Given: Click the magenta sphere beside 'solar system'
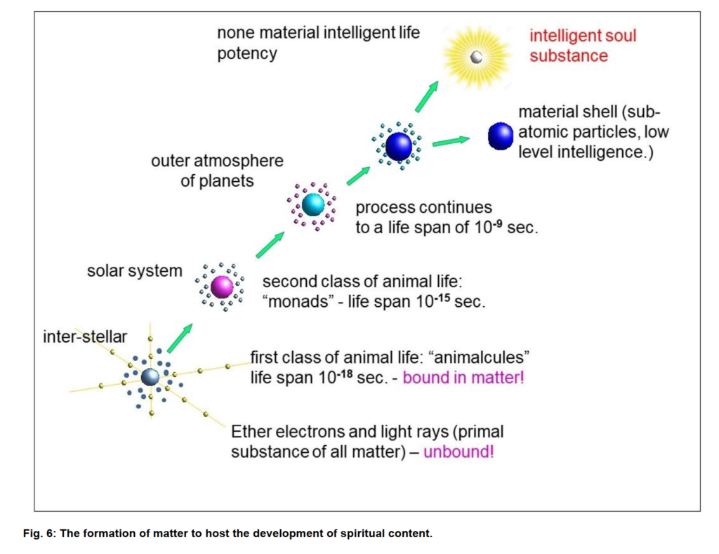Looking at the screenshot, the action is pos(222,286).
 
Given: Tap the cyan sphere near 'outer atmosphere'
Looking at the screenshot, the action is pos(313,204).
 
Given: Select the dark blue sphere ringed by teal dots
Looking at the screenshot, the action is pos(399,146).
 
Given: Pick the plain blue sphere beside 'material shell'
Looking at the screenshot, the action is pos(500,136).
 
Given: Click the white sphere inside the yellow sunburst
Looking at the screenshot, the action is pos(477,58).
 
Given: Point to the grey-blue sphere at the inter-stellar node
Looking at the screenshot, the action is pos(150,376).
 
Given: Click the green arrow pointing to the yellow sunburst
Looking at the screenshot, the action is pos(427,96).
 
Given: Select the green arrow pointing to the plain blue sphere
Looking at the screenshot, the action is pos(451,141).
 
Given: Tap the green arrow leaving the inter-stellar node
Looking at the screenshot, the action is pos(180,338).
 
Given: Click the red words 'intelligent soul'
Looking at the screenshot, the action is pos(583,36).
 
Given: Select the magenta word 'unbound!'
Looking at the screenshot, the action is pos(459,451).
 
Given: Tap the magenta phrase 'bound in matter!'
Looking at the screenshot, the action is pos(463,378).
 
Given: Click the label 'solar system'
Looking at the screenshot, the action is pos(134,270).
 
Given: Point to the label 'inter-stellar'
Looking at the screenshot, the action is pos(85,336).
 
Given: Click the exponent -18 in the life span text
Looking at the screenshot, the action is pos(345,374).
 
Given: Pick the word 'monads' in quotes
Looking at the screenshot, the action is pos(298,301).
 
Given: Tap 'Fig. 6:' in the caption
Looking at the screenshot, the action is pos(39,534).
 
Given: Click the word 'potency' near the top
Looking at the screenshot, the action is pos(247,53).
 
